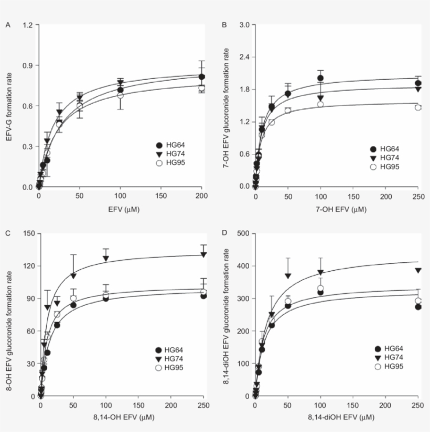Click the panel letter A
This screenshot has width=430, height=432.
pos(7,25)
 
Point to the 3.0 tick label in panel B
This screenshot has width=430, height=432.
pos(243,25)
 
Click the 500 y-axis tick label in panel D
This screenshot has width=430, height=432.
pos(242,234)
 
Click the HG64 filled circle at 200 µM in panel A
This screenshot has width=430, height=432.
pos(201,77)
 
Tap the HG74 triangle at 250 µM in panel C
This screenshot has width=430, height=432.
pos(202,254)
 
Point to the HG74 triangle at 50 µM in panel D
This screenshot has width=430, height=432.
pos(287,275)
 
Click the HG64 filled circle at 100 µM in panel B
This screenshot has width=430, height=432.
pos(320,78)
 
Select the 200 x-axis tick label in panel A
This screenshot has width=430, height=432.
pos(201,196)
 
